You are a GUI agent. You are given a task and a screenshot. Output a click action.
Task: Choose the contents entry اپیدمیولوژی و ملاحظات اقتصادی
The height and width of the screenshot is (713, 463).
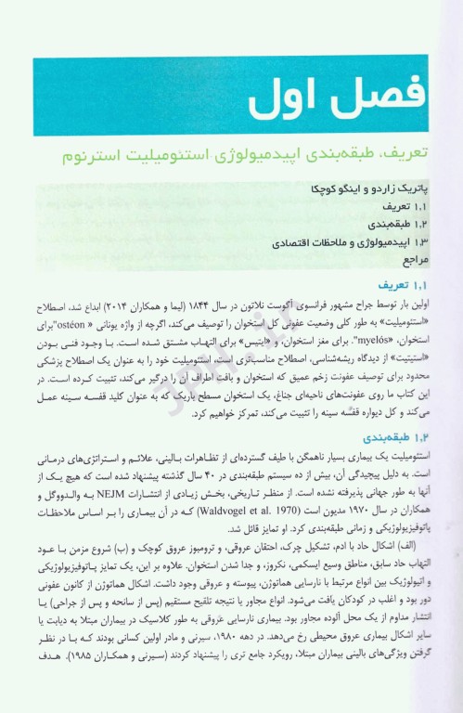pos(333,243)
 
